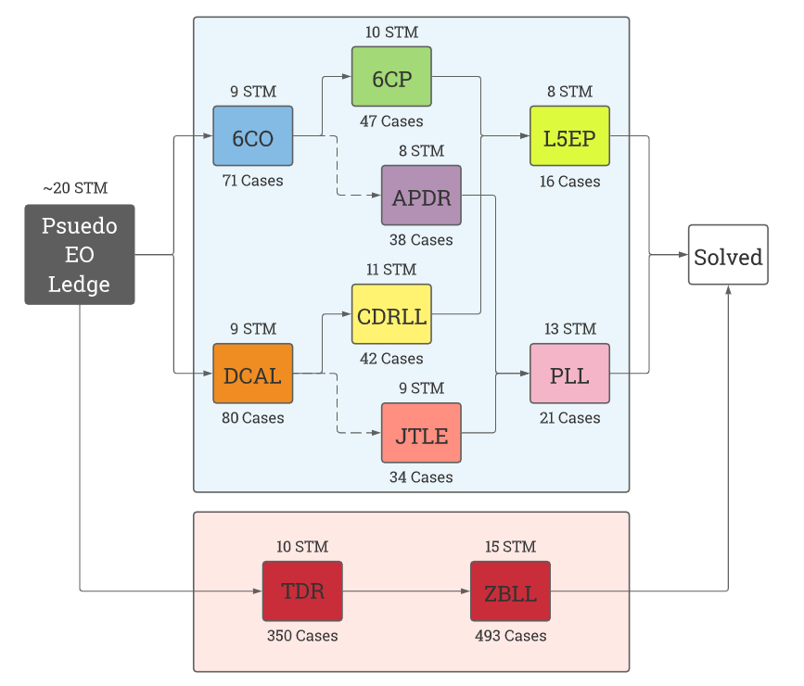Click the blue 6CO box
[x=252, y=136]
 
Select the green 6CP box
[x=391, y=77]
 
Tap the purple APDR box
[x=421, y=196]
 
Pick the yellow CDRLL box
[x=391, y=314]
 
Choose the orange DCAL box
[x=252, y=374]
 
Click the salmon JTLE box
[x=421, y=433]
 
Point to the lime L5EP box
[x=569, y=136]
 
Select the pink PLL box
[x=569, y=374]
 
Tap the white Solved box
[x=728, y=255]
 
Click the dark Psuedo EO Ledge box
[x=80, y=255]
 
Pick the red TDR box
[x=302, y=591]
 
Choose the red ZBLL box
[x=510, y=591]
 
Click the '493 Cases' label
[x=510, y=636]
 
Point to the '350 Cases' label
[x=302, y=636]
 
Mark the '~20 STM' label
[x=75, y=188]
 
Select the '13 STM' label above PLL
[x=569, y=329]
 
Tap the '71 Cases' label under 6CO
[x=252, y=181]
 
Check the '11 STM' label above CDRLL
[x=391, y=270]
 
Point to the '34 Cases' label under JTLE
[x=421, y=477]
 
